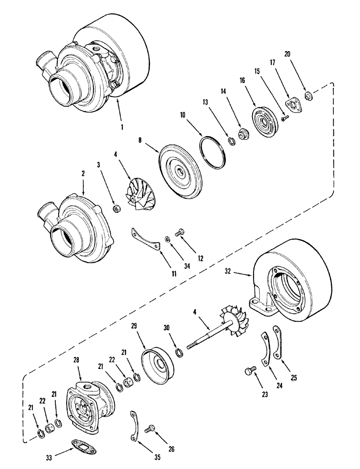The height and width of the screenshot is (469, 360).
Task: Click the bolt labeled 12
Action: point(178,231)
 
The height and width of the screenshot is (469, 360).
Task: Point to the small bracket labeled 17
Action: point(295,106)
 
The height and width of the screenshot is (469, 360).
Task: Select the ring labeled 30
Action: point(178,353)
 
